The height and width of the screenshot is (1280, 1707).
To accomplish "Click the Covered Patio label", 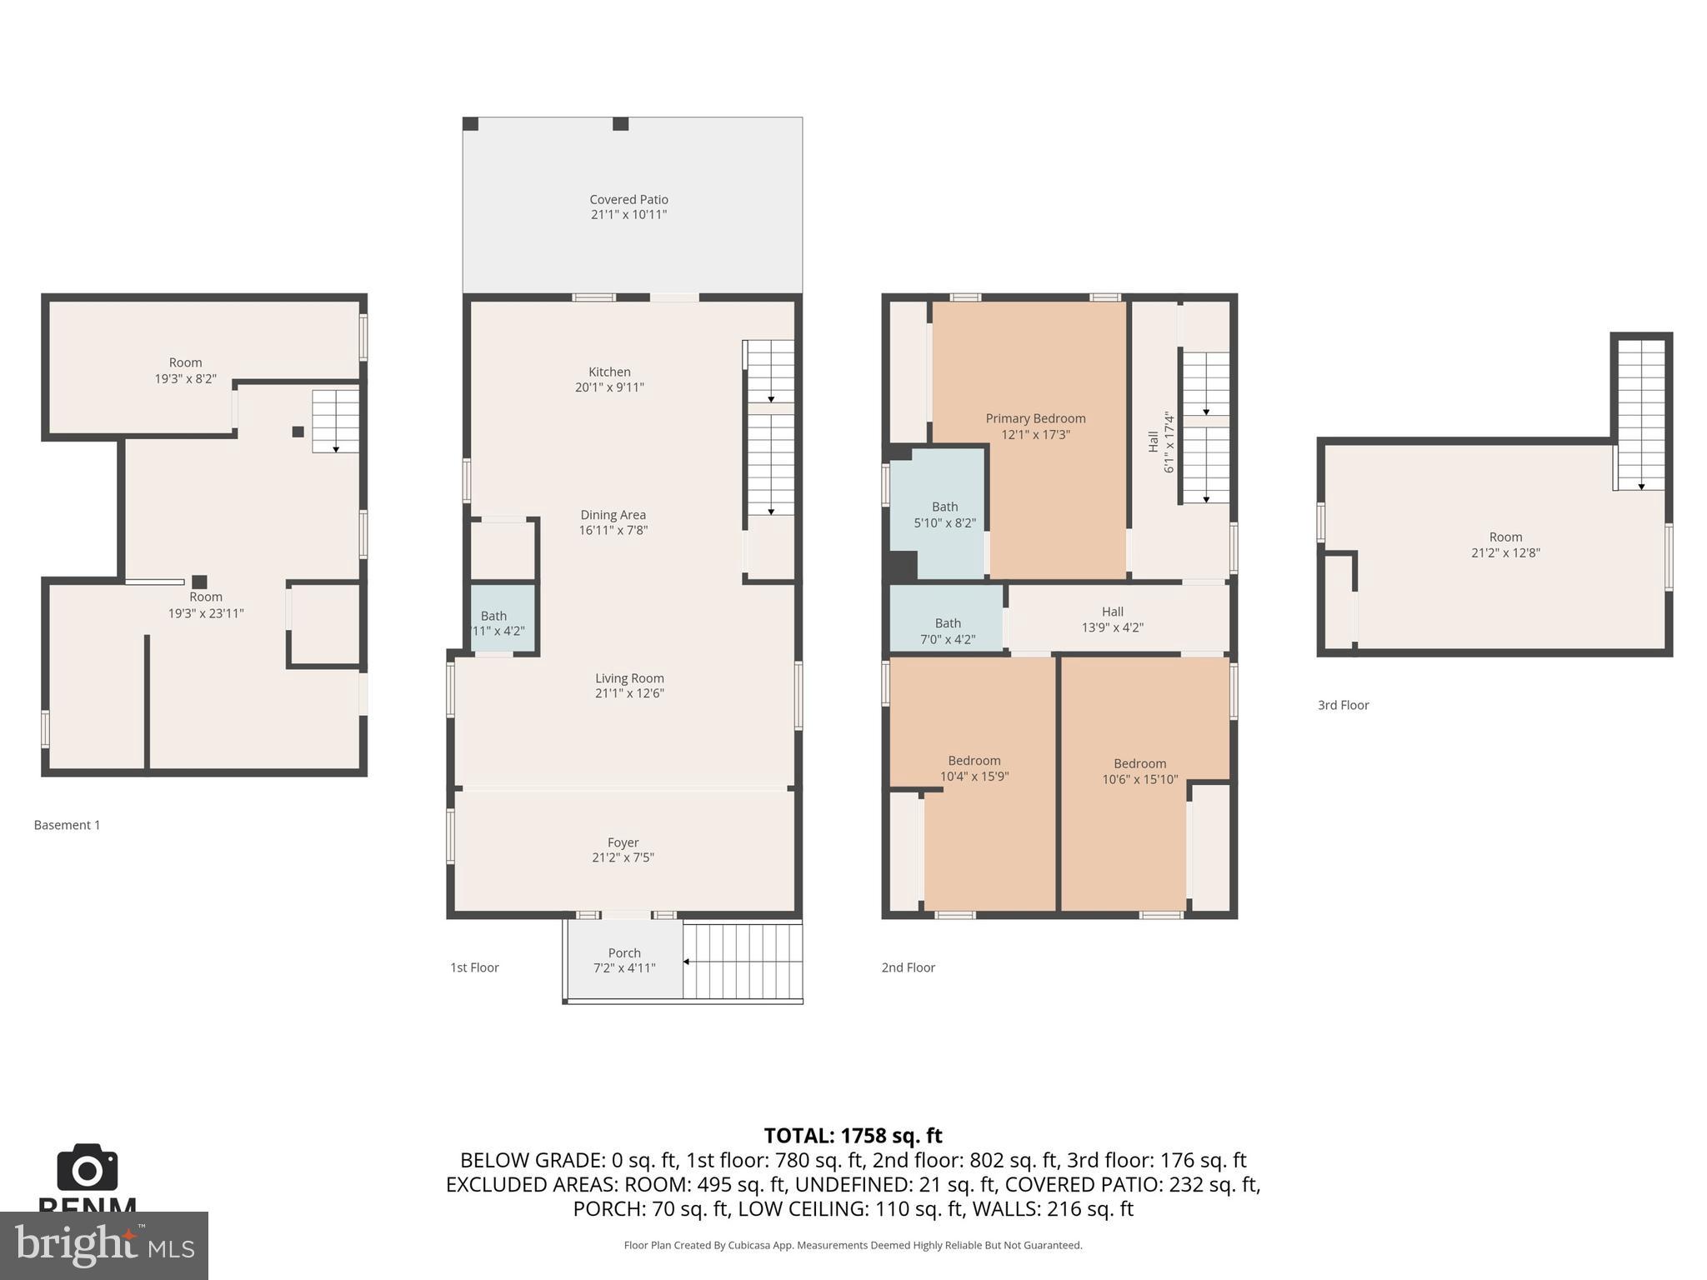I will (628, 200).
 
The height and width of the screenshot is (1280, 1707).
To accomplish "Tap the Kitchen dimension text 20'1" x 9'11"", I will (609, 387).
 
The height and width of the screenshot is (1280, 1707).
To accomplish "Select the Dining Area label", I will (613, 515).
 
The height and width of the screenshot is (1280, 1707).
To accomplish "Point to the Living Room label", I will (629, 678).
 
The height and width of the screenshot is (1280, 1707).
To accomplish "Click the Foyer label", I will (623, 842).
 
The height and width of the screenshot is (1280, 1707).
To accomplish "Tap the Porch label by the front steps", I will (624, 953).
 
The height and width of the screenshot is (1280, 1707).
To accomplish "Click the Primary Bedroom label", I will (1035, 418).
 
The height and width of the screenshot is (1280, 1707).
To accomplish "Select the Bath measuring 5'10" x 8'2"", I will (944, 515).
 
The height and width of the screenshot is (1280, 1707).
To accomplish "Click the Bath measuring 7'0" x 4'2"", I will (948, 631).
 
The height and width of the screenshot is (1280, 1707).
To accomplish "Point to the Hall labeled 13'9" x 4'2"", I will (1112, 619).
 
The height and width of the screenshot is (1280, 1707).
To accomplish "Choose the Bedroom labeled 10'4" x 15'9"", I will (974, 768).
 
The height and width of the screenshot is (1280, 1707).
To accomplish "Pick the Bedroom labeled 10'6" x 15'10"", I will (1139, 772).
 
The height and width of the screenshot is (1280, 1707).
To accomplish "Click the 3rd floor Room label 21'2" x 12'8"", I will (1505, 545).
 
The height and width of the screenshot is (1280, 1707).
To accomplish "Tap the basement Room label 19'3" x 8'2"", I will (185, 370).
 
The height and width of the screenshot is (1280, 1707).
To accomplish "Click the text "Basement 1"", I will (67, 825).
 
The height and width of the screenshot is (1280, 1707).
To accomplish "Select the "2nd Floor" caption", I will (908, 967).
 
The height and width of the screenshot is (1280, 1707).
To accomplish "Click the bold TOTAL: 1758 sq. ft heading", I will (853, 1136).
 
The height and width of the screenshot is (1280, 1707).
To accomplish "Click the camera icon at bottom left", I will (87, 1167).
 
